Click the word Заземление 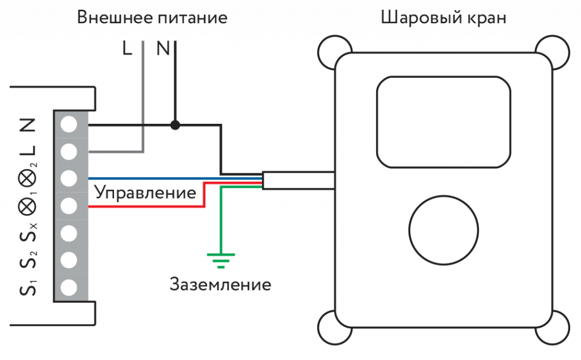click(220, 283)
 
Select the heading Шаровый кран click(443, 18)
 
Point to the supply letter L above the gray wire click(128, 50)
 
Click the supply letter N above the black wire click(163, 50)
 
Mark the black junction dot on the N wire click(175, 125)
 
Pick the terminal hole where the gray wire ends click(69, 152)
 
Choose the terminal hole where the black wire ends click(69, 124)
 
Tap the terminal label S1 click(28, 287)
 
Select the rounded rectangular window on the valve click(444, 122)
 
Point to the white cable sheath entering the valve click(298, 181)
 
